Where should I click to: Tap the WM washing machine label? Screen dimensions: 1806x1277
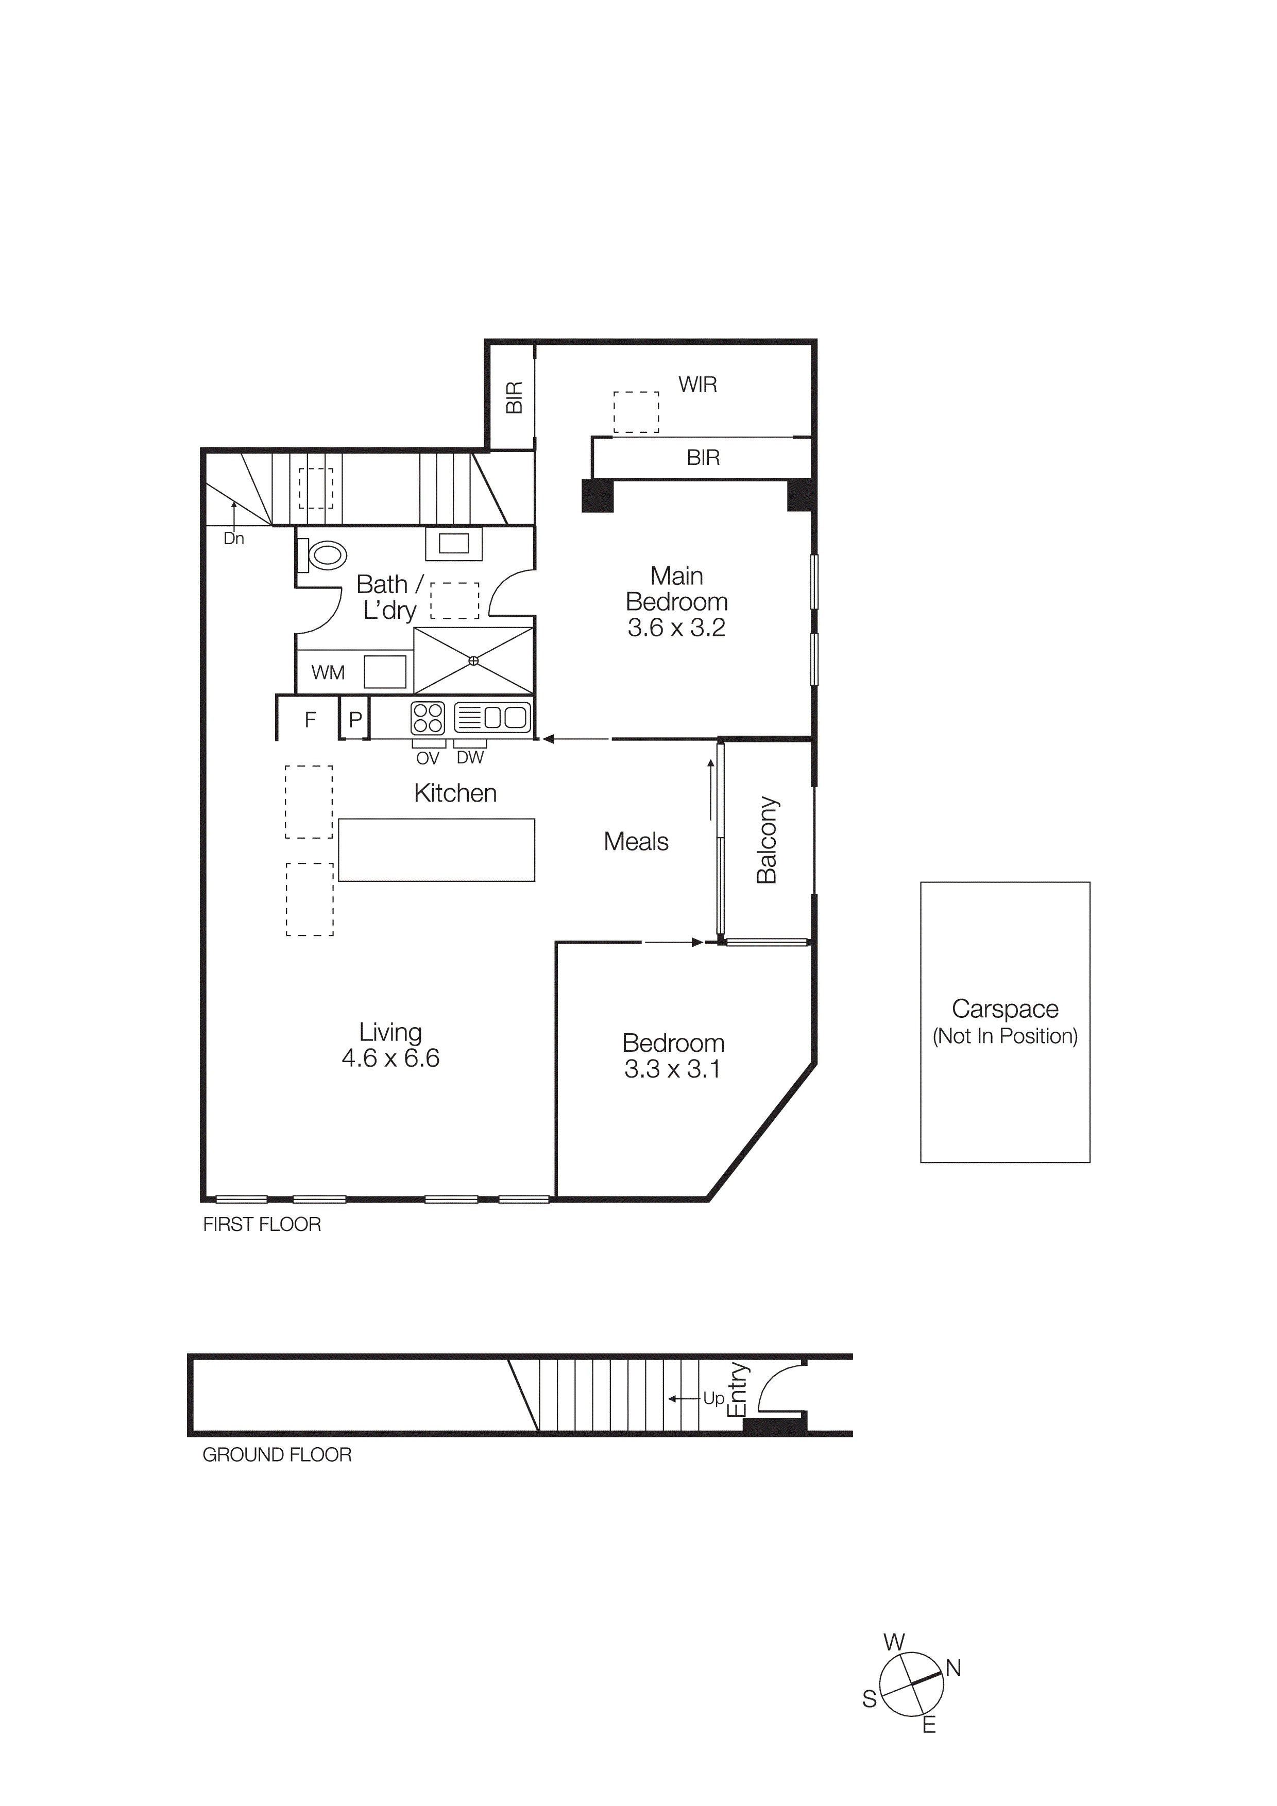(328, 672)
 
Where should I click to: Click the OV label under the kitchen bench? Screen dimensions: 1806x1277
(427, 758)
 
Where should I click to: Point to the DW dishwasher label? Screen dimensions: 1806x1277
(470, 757)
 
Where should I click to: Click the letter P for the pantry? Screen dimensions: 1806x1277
(355, 719)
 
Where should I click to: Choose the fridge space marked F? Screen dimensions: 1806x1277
(310, 719)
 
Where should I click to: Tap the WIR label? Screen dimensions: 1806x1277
(698, 385)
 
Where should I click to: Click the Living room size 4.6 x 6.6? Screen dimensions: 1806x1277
(390, 1058)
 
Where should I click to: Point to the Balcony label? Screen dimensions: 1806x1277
(767, 840)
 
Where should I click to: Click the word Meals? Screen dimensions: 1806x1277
(636, 842)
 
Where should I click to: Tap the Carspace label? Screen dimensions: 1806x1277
(1005, 1009)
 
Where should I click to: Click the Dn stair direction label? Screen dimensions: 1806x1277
(234, 539)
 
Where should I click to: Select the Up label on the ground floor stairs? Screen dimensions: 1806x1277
(713, 1399)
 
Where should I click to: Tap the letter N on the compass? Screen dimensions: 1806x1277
(954, 1669)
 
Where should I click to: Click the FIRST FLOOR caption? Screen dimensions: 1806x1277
(262, 1225)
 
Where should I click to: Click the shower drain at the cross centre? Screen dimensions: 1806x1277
(474, 661)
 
